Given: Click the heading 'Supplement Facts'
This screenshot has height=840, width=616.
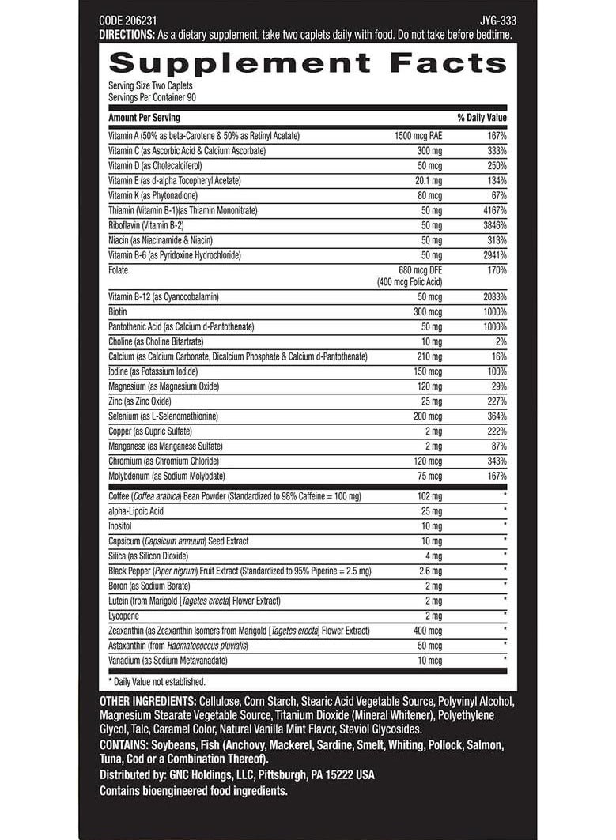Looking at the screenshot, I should [x=308, y=63].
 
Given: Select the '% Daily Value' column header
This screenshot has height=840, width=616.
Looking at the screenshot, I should [x=482, y=118].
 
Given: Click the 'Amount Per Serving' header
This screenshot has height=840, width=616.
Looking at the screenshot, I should [x=144, y=118].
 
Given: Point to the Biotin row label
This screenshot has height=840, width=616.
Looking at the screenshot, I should [x=118, y=311].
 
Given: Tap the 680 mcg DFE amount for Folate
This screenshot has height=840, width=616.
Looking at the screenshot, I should [x=416, y=270].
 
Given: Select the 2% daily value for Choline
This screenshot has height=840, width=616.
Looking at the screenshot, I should [x=501, y=341].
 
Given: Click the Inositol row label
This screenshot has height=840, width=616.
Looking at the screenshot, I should [x=121, y=526].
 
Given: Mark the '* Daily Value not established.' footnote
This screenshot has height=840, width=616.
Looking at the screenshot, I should [x=157, y=681].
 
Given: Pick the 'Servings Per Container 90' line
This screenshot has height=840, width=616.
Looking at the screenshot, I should [x=152, y=97].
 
